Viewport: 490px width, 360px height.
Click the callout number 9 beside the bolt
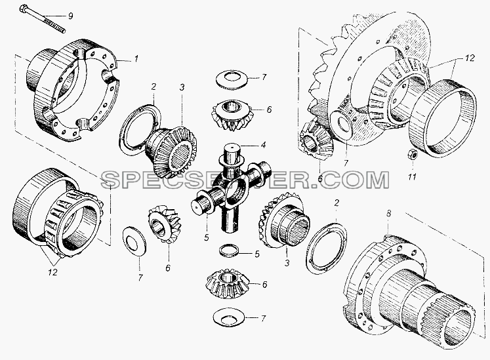[x=71, y=16]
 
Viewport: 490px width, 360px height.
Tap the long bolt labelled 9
[x=43, y=18]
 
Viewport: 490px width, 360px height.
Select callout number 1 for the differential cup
[x=136, y=59]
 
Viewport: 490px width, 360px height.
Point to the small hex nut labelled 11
[x=411, y=154]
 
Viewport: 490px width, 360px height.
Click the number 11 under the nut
[x=412, y=176]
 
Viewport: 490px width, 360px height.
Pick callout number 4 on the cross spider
[x=263, y=145]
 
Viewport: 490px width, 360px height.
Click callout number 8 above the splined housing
[x=388, y=214]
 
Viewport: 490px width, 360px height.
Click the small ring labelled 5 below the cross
[x=229, y=251]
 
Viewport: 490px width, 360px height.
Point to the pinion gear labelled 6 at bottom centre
[x=228, y=284]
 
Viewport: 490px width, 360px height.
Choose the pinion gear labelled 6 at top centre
[x=232, y=115]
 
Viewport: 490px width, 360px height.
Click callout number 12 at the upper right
[x=470, y=58]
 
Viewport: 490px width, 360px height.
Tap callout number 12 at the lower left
[x=52, y=272]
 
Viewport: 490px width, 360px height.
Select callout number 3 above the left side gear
[x=182, y=87]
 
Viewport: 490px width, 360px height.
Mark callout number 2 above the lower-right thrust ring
[x=337, y=203]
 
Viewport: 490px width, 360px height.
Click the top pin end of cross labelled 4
[x=232, y=151]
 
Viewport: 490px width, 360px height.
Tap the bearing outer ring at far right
[x=443, y=118]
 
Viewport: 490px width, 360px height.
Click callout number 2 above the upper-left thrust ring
[x=153, y=87]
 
